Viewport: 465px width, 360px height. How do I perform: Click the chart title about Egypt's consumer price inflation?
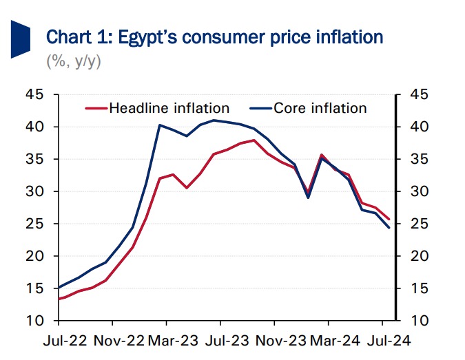[x=214, y=36]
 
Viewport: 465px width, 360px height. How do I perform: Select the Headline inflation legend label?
[x=169, y=108]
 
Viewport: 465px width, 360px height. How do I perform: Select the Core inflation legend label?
[x=320, y=108]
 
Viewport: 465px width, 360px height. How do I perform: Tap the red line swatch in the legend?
[x=96, y=108]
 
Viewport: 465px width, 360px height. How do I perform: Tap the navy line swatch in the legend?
[x=260, y=108]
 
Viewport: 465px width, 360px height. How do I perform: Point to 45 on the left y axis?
[x=35, y=95]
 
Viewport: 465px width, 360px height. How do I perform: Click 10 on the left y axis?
[x=35, y=321]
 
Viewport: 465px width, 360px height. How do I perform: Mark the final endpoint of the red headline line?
[x=390, y=219]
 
